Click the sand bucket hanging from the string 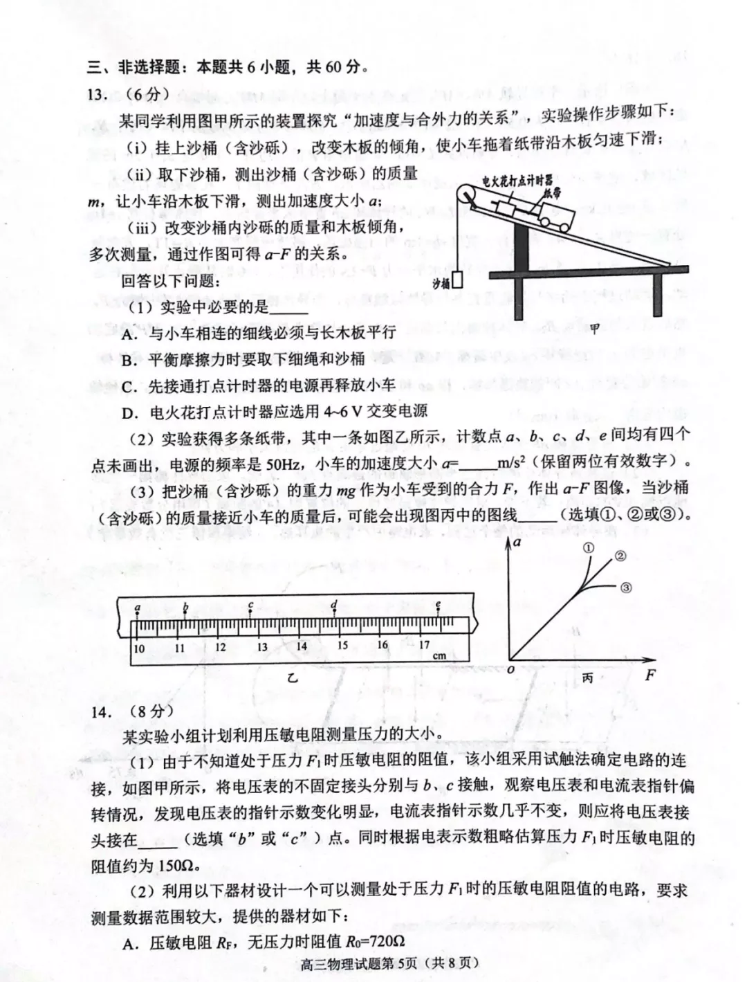(458, 282)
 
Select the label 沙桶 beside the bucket (441, 283)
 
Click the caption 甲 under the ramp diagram (595, 329)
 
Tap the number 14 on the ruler (302, 646)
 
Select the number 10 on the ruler (139, 648)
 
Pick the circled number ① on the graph (589, 547)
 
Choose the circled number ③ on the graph (625, 588)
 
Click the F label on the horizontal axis (649, 675)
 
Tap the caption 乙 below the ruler (293, 678)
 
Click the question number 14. (102, 710)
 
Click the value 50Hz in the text (286, 463)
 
